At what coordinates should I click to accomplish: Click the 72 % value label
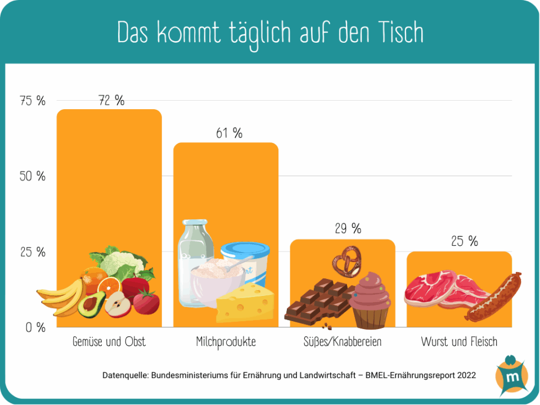point(111,101)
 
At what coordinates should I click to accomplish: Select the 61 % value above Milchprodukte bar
point(229,133)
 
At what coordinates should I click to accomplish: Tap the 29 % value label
point(348,228)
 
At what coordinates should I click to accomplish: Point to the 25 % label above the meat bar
point(464,241)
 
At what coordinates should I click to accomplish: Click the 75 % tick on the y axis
point(33,101)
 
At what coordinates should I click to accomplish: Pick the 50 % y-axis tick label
point(33,177)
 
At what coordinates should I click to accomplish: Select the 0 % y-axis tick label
point(35,327)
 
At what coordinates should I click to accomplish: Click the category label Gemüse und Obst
point(109,341)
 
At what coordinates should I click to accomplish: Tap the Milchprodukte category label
point(226,341)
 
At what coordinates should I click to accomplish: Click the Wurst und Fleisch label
point(459,341)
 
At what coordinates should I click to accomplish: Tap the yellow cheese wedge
point(245,304)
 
